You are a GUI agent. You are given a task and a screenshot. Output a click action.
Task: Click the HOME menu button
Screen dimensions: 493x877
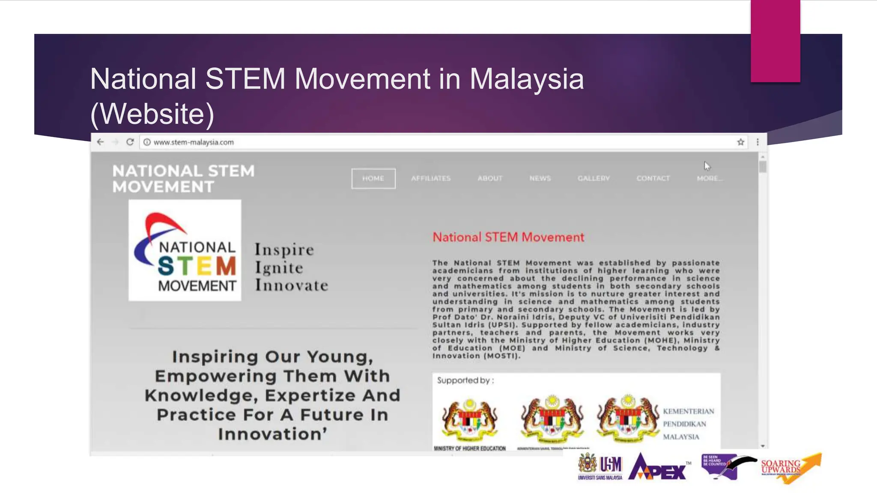[373, 178]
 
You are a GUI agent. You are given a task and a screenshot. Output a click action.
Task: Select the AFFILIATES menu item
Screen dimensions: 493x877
[431, 178]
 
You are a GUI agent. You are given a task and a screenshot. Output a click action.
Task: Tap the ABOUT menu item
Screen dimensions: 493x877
[490, 178]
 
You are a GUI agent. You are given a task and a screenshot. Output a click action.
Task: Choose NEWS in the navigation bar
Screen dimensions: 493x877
[540, 178]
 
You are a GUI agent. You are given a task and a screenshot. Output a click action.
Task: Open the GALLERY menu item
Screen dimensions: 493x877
[594, 178]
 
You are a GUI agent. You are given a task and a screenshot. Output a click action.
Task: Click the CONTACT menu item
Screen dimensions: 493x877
[653, 178]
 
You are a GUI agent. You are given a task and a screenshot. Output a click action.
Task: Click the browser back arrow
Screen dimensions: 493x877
[100, 142]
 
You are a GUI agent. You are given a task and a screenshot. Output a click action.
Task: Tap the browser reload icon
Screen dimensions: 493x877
[130, 142]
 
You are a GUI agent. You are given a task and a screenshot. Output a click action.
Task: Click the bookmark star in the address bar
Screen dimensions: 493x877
[740, 143]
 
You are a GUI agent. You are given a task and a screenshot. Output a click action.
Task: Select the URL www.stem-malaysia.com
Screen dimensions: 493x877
[194, 143]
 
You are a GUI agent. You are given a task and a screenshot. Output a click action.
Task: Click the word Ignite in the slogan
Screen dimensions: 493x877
[279, 268]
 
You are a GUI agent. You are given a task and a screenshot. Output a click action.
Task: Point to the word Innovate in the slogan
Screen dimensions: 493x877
[292, 285]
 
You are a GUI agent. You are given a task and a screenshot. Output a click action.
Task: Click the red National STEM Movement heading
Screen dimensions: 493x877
[508, 238]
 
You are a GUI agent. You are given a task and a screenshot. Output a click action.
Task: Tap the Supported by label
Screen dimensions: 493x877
[465, 380]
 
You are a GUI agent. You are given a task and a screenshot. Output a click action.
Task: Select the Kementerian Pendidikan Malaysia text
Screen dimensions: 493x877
[688, 424]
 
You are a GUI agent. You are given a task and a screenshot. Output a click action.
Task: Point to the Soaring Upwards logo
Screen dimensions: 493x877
[790, 467]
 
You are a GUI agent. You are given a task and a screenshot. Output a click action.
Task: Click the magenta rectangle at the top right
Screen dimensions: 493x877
[775, 41]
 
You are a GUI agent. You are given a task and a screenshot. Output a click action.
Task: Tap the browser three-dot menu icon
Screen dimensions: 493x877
[758, 142]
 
